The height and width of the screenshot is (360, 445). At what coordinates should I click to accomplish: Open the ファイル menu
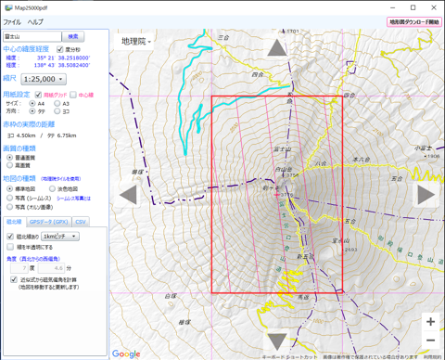[12, 21]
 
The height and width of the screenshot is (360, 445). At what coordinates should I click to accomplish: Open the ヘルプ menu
[35, 21]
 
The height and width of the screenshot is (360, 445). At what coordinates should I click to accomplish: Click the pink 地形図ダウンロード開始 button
[413, 21]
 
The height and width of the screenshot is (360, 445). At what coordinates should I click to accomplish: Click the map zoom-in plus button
[430, 321]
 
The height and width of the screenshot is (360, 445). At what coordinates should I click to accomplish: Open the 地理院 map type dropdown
[135, 42]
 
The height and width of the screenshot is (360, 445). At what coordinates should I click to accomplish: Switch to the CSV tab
[82, 222]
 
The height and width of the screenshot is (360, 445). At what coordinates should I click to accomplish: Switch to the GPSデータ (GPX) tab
[48, 222]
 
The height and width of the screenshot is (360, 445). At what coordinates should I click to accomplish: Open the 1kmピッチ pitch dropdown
[60, 237]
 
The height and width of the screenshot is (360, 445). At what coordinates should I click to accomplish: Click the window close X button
[434, 7]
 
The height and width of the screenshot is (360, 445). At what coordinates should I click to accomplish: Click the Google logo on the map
[126, 354]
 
